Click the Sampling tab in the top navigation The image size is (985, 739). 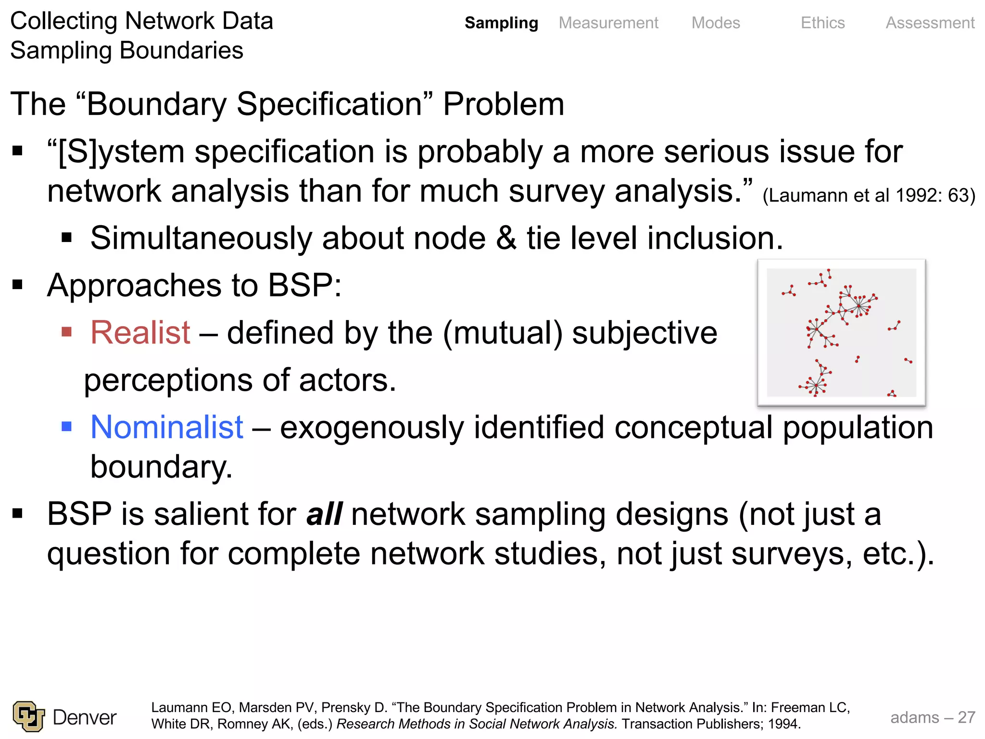click(x=501, y=23)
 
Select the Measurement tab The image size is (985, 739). click(x=608, y=23)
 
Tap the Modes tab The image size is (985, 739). click(x=716, y=23)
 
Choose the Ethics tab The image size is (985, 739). click(x=822, y=23)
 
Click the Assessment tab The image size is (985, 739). click(x=930, y=23)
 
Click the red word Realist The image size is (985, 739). click(x=140, y=332)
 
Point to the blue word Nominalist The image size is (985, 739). click(x=167, y=427)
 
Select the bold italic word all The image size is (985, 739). click(x=325, y=514)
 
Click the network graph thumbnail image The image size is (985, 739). click(x=841, y=332)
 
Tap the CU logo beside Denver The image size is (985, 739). click(x=29, y=716)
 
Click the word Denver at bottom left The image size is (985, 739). click(x=85, y=717)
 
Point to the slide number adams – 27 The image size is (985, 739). click(x=933, y=717)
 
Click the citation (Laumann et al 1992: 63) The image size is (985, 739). click(x=869, y=196)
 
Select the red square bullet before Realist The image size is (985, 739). click(x=67, y=331)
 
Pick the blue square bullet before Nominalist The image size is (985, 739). click(x=67, y=426)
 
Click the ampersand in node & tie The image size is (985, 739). click(x=506, y=238)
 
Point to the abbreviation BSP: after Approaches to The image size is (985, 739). click(x=304, y=285)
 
